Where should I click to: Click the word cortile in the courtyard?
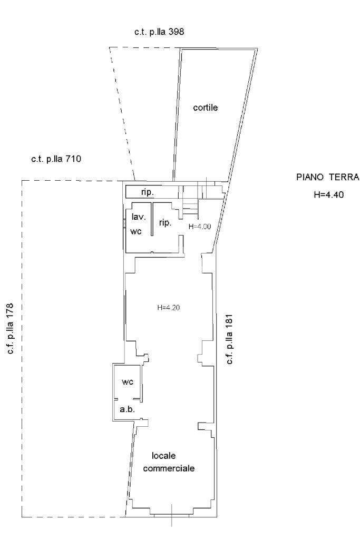point(205,107)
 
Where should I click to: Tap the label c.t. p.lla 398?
point(159,32)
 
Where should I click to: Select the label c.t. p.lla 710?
point(56,159)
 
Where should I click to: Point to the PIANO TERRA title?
point(328,178)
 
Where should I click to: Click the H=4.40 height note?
point(329,195)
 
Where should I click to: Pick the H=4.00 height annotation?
point(200,227)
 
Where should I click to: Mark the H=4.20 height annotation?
point(169,308)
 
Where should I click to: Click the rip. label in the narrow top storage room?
point(147,192)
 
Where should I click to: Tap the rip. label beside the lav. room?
point(166,223)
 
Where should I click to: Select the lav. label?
point(139,217)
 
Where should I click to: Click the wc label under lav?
point(136,232)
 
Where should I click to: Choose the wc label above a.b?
point(128,382)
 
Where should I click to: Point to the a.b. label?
point(127,409)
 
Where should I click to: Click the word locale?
point(164,456)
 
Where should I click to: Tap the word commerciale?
point(169,468)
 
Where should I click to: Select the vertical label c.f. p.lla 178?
point(11,328)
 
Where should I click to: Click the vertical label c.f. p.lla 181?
point(229,339)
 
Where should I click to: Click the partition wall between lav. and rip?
point(152,219)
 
